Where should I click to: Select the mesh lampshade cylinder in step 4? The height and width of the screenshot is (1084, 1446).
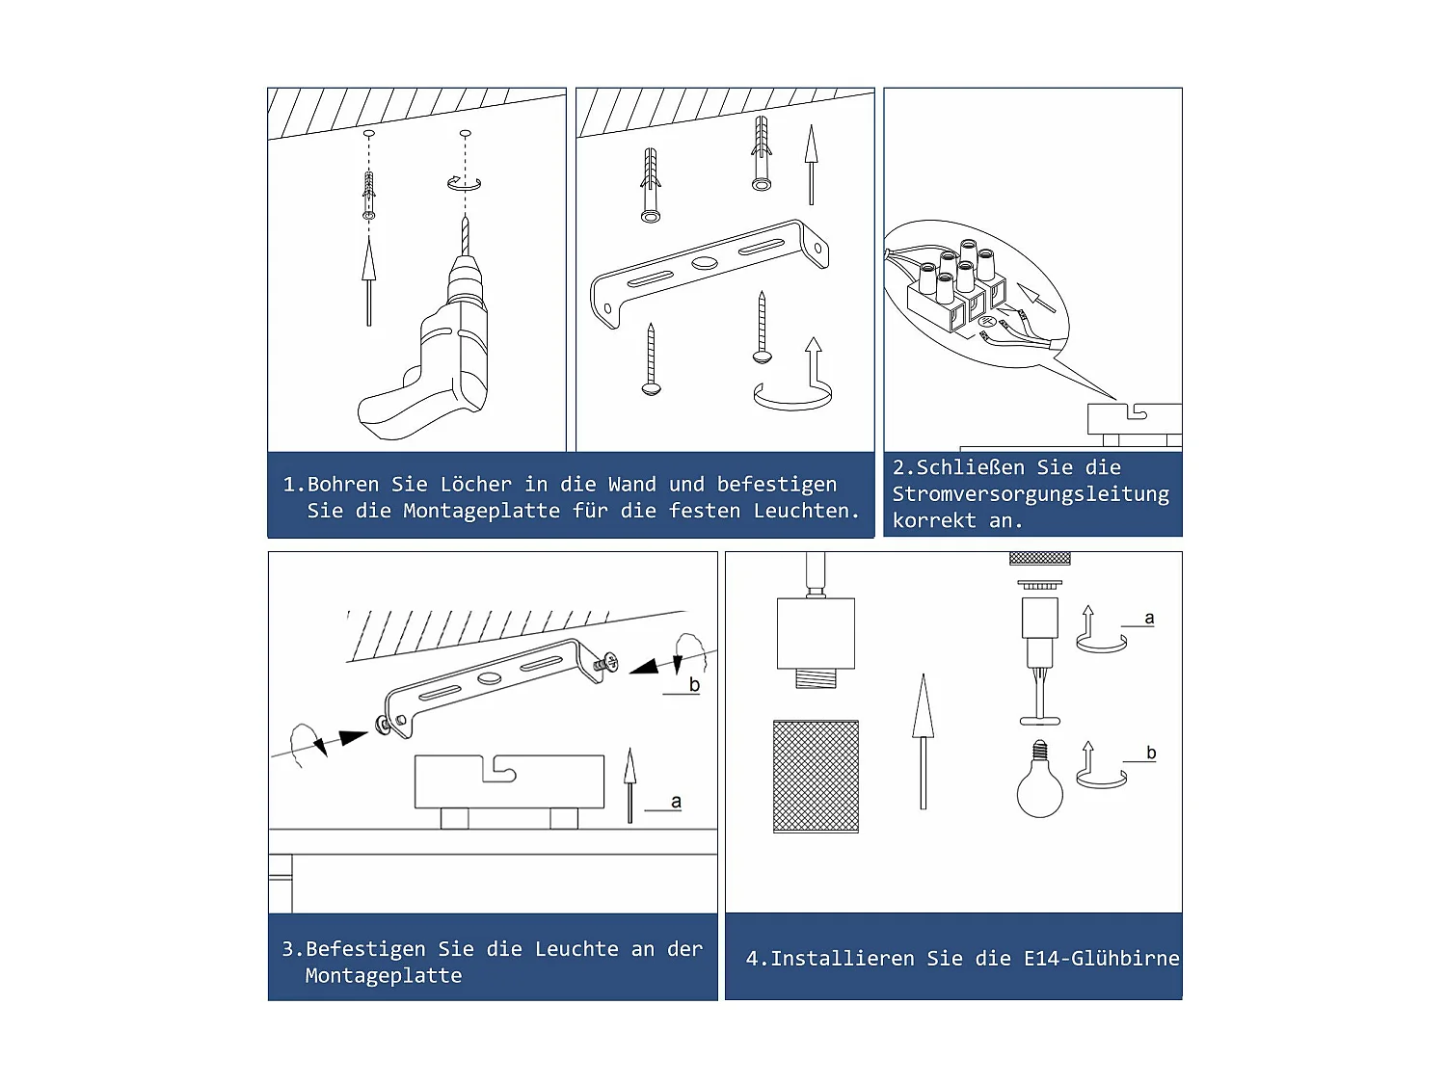click(816, 777)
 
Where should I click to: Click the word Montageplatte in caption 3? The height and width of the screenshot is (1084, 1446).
click(384, 975)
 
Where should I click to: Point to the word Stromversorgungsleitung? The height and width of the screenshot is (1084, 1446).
click(1031, 494)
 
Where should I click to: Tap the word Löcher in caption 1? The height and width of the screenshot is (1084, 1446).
click(475, 485)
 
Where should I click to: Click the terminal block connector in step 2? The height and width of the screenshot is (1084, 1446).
click(958, 290)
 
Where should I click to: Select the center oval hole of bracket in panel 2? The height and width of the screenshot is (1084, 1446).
click(704, 263)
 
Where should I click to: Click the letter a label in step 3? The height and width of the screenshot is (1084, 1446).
click(676, 801)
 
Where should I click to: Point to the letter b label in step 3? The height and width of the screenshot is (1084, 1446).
click(694, 684)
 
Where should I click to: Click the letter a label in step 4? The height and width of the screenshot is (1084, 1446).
click(1149, 618)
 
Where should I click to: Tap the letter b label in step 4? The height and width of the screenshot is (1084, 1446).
click(1151, 753)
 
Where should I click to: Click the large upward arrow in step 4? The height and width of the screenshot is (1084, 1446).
click(923, 741)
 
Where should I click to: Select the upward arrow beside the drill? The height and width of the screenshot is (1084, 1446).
click(369, 281)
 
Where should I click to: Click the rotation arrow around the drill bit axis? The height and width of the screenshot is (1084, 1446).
click(464, 184)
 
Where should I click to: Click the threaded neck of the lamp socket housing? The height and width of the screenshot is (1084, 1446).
click(816, 678)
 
